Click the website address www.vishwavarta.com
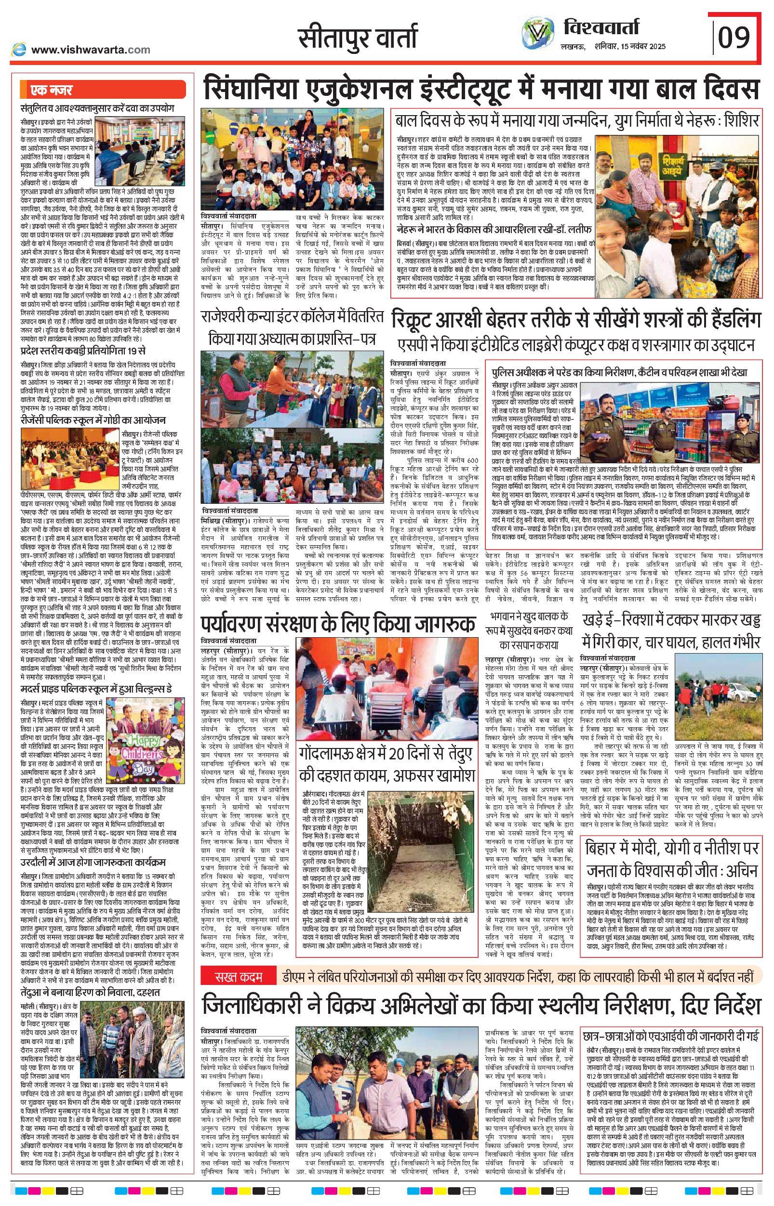(91, 49)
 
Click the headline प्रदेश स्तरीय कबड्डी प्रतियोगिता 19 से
(83, 350)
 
